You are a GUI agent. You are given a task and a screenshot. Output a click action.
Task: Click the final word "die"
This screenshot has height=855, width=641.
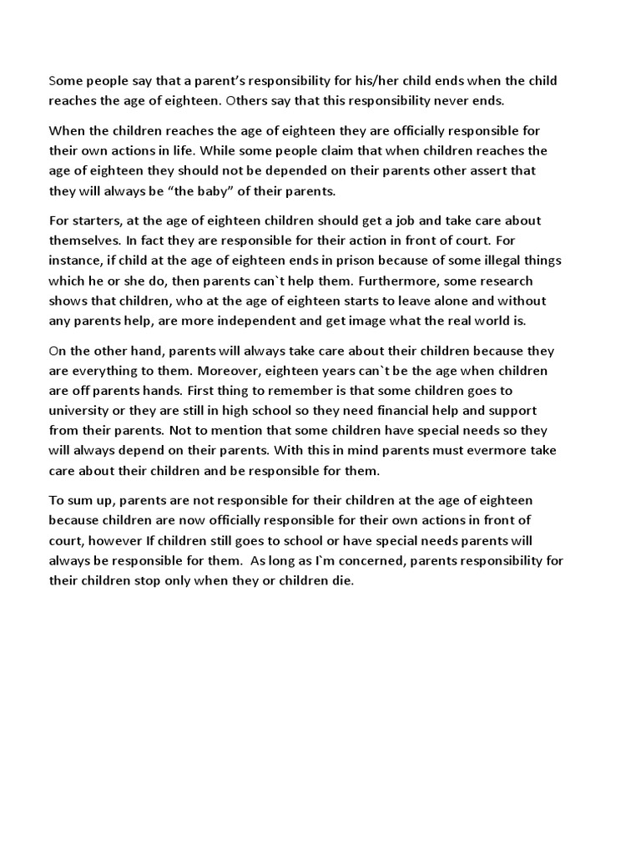click(x=343, y=580)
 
